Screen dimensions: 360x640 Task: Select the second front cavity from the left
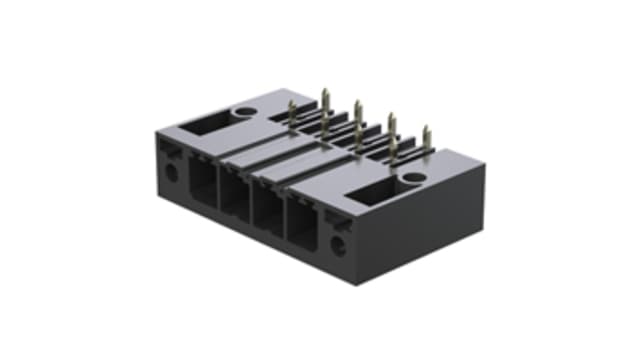[236, 198]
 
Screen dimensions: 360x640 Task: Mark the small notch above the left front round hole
[170, 150]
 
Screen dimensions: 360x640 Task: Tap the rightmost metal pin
[426, 140]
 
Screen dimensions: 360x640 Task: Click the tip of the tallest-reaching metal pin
[324, 92]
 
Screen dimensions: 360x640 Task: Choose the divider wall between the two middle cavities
[253, 204]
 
